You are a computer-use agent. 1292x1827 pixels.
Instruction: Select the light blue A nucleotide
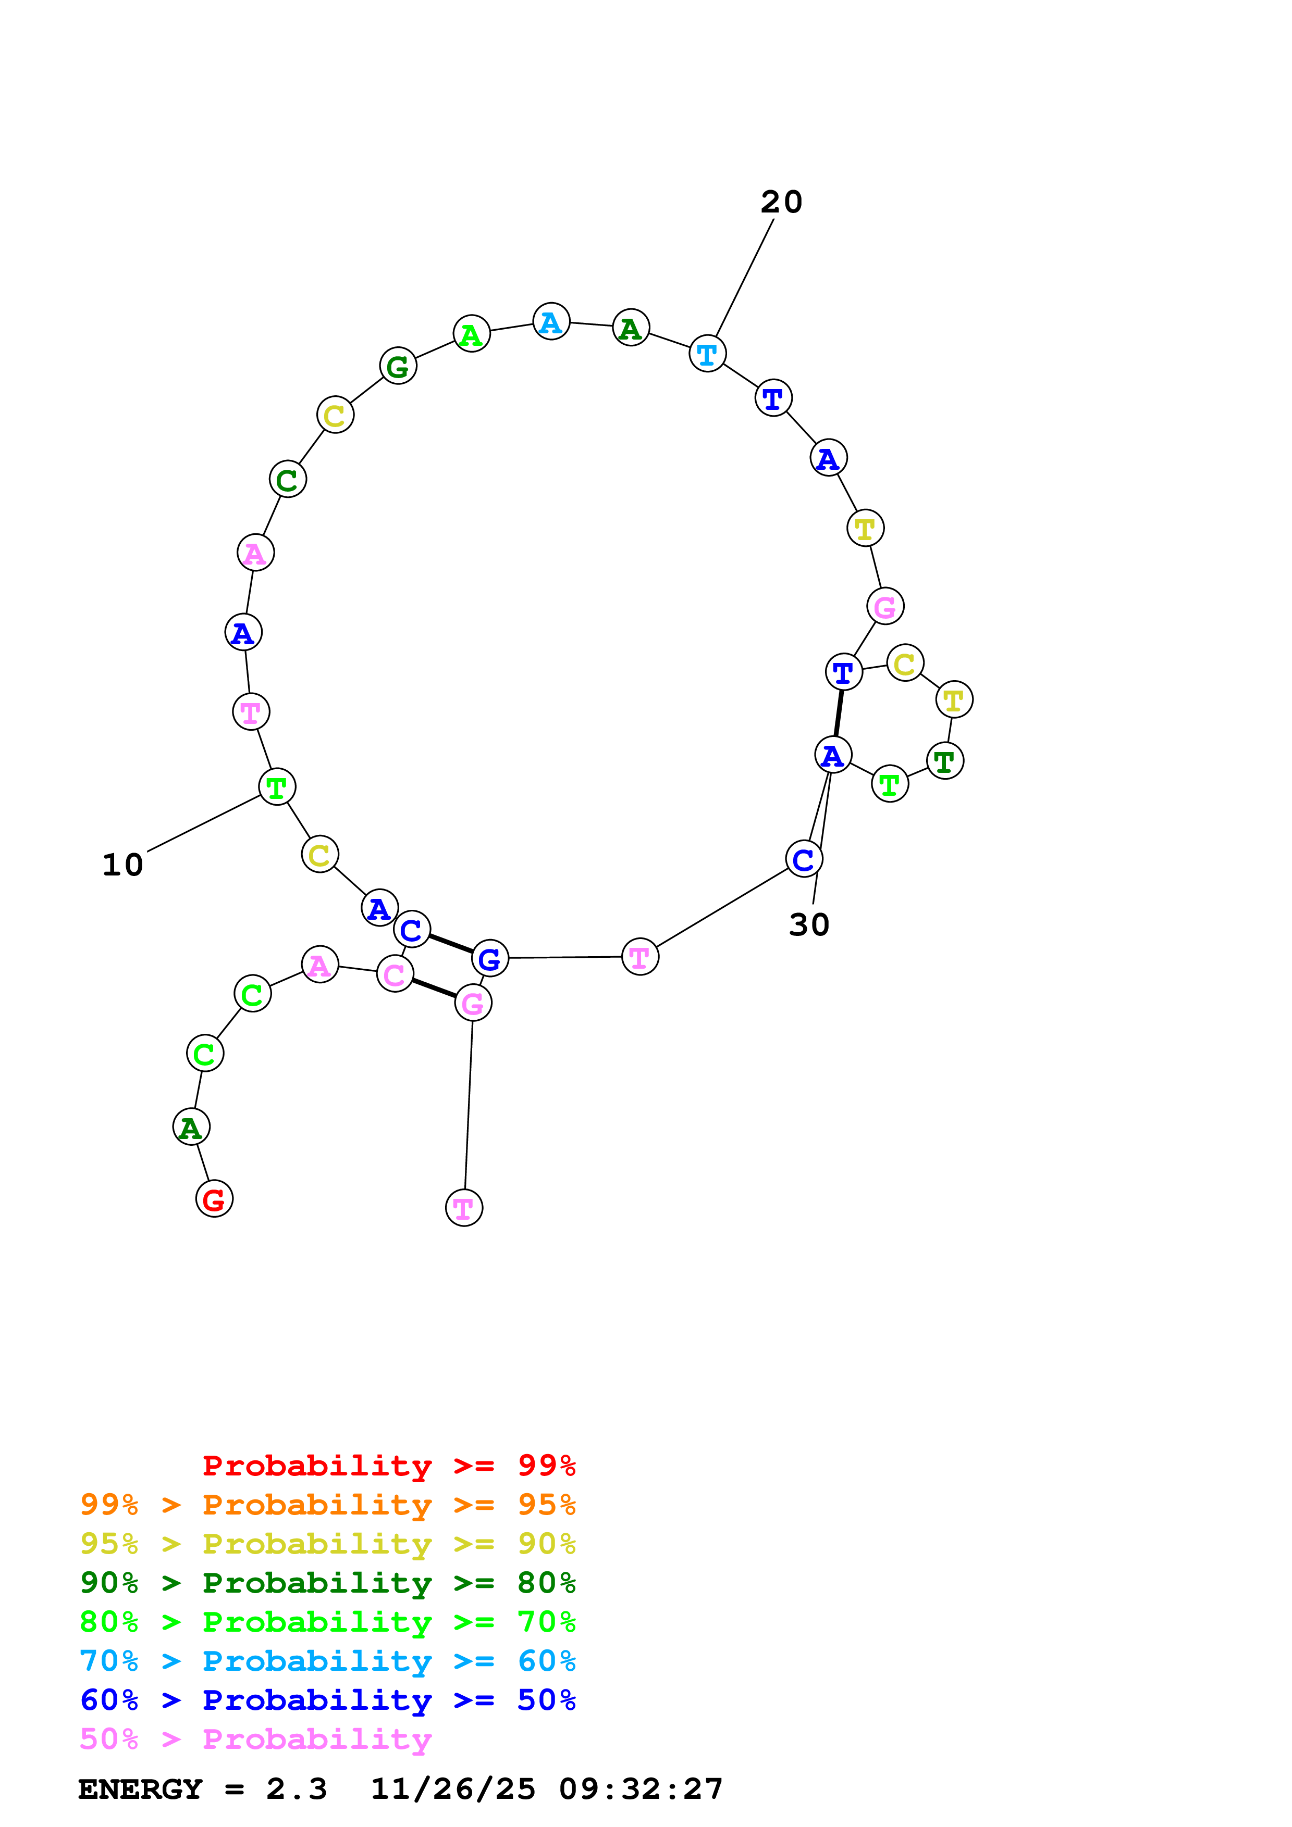[551, 321]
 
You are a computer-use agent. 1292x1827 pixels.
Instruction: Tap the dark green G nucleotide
[398, 366]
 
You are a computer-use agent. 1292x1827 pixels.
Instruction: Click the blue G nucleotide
[489, 958]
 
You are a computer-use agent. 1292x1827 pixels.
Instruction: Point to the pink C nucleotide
[395, 974]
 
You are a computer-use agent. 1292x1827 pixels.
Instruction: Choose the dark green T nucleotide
[945, 761]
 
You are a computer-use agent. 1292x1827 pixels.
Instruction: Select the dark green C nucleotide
[287, 479]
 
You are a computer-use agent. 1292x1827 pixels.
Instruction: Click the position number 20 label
[781, 202]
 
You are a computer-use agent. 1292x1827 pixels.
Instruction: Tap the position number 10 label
[122, 865]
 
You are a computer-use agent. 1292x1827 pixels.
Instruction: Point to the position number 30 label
[809, 924]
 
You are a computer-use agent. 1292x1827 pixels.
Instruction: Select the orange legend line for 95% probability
[327, 1505]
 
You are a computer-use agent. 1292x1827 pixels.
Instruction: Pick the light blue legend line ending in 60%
[327, 1661]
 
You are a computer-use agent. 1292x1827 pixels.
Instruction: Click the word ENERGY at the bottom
[140, 1789]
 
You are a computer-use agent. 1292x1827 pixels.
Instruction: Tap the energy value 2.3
[296, 1789]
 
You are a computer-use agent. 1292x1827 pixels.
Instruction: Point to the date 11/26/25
[453, 1789]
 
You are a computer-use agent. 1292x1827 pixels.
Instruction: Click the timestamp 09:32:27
[641, 1789]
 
